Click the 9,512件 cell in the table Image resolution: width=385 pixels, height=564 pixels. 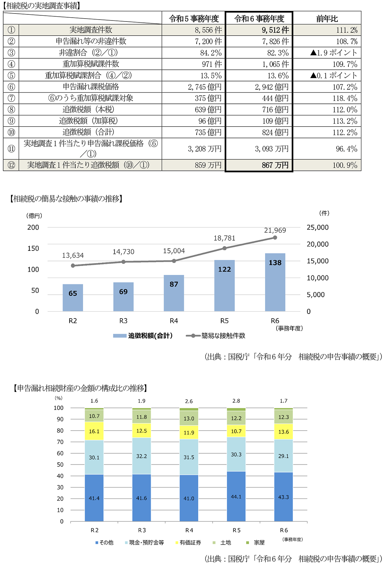click(x=275, y=30)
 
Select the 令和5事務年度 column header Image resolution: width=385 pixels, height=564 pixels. click(x=194, y=19)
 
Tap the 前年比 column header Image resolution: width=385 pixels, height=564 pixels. click(x=327, y=19)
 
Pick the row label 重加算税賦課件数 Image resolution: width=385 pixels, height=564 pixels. click(x=91, y=64)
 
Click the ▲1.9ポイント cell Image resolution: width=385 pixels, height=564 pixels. click(x=334, y=53)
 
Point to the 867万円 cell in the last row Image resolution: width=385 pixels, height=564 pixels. click(x=275, y=165)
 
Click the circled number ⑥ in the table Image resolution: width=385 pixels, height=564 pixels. click(x=11, y=87)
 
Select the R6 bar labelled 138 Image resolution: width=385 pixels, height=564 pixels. click(x=275, y=282)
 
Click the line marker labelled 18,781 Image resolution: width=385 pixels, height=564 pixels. click(x=225, y=248)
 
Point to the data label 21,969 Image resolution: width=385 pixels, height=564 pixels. click(x=275, y=230)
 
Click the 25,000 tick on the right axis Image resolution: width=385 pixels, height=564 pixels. click(x=318, y=228)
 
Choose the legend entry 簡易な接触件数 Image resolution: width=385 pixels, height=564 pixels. click(x=223, y=336)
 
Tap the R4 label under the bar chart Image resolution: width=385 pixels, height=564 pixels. click(x=174, y=321)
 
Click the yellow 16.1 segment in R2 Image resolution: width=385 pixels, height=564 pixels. click(x=94, y=431)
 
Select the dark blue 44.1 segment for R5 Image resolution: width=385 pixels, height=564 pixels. click(x=236, y=496)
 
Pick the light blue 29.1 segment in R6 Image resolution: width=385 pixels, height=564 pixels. click(x=284, y=456)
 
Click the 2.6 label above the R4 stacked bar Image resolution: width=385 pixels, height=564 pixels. click(x=189, y=401)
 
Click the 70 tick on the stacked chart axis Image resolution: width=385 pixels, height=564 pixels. click(x=60, y=442)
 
